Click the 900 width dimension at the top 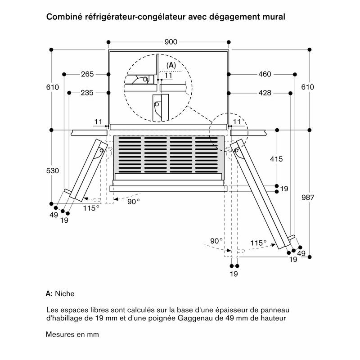[x=171, y=42]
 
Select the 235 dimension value [x=87, y=93]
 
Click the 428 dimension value [x=265, y=93]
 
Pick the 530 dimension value [x=53, y=171]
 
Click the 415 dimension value [x=276, y=158]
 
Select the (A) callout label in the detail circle [x=171, y=66]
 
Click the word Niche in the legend [x=65, y=293]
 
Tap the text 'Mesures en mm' [x=72, y=334]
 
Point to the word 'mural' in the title [x=275, y=17]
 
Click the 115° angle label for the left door [x=91, y=208]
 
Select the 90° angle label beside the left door [x=134, y=202]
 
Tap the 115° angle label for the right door [x=258, y=243]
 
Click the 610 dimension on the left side [x=53, y=87]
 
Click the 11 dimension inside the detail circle [x=168, y=76]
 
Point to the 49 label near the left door [x=54, y=215]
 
